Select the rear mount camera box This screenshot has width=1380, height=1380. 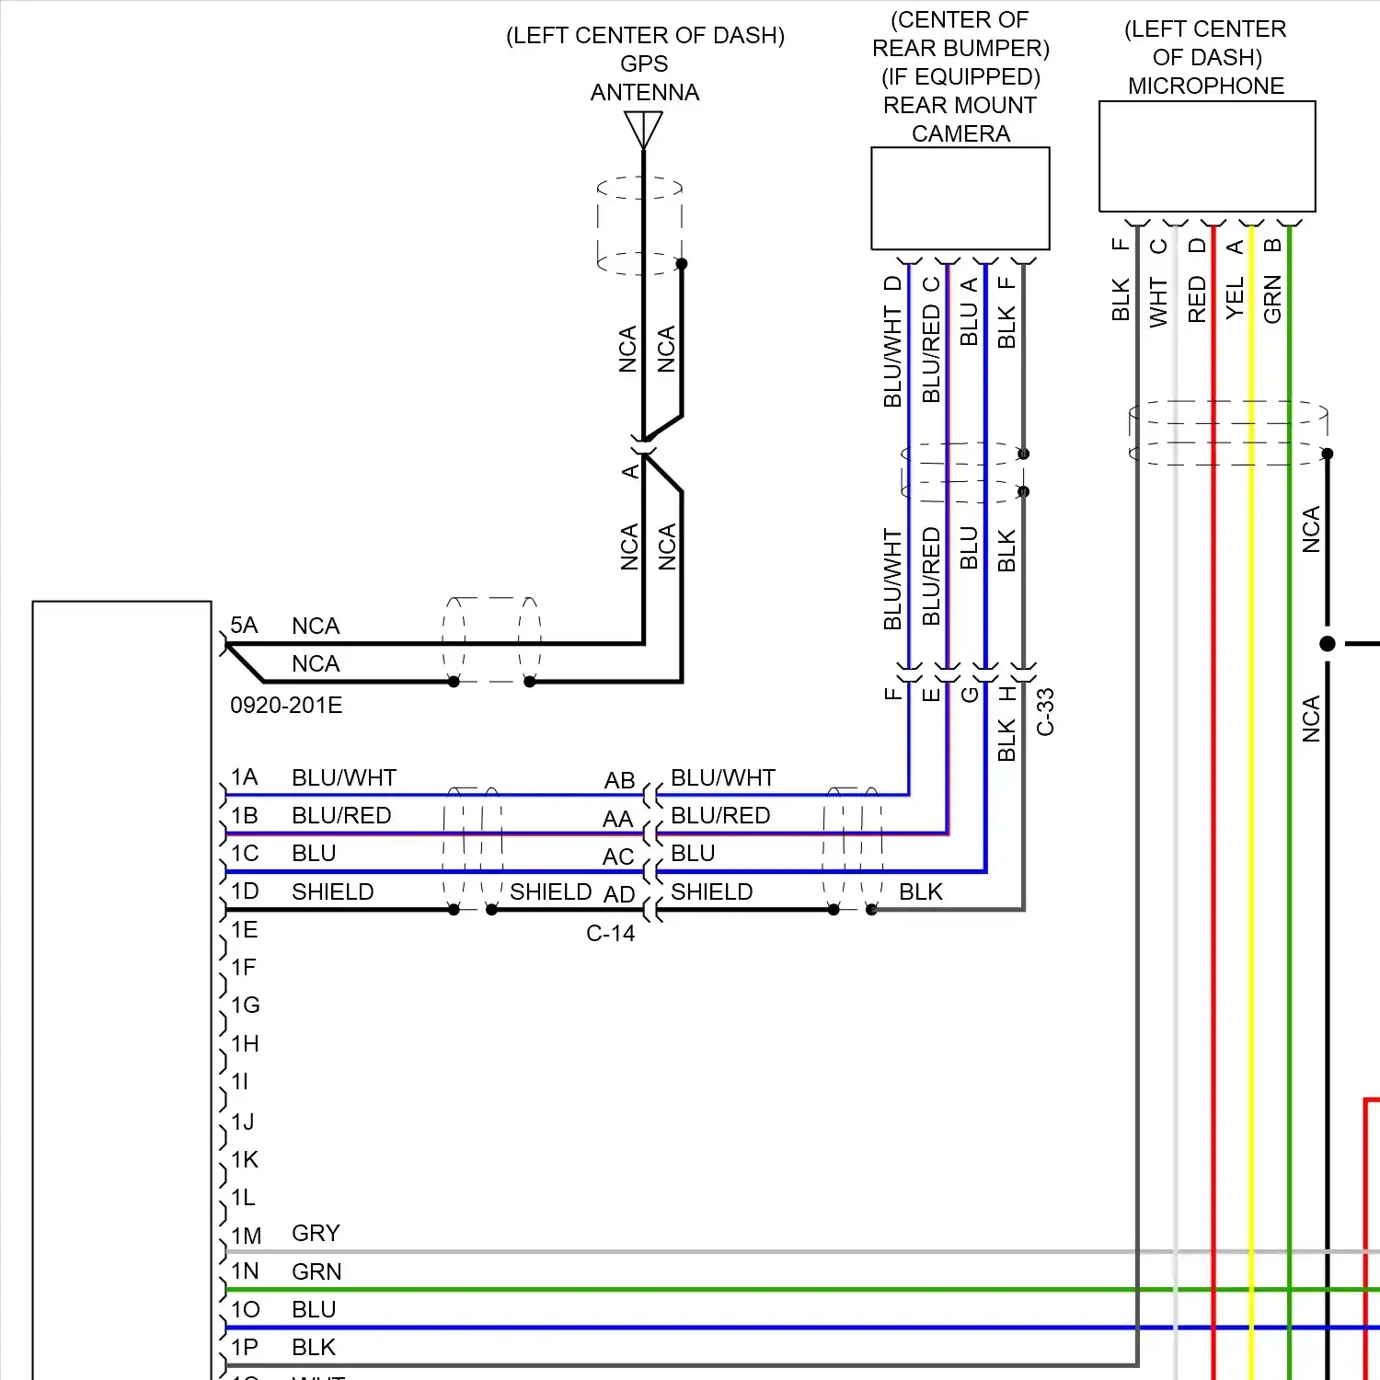point(960,198)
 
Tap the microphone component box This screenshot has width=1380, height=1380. point(1206,156)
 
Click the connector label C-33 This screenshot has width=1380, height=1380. point(1045,712)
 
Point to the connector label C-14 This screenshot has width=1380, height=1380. point(610,934)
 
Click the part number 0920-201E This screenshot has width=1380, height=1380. point(286,706)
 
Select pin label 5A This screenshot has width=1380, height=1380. point(244,626)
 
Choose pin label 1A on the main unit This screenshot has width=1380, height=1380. point(244,777)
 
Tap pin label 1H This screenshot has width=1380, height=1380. point(245,1043)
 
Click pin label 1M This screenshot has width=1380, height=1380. point(246,1236)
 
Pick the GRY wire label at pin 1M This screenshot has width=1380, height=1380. point(316,1233)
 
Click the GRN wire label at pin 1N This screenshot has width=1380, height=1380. point(316,1271)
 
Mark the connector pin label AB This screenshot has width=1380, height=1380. point(619,780)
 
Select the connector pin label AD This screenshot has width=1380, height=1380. point(619,894)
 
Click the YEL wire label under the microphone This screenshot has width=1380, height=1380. point(1235,298)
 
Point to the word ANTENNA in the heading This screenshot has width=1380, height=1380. point(644,93)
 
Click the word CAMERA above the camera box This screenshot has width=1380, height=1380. point(960,133)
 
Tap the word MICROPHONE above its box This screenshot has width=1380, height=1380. point(1205,86)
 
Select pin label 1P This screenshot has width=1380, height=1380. point(244,1348)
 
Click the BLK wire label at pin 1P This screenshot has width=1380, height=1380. point(313,1348)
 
